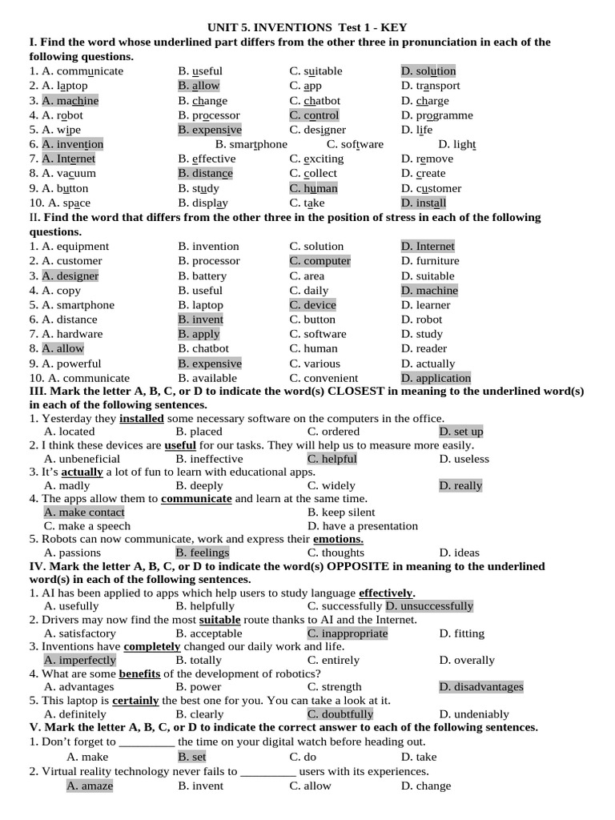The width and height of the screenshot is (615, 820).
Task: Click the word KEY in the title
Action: tap(394, 27)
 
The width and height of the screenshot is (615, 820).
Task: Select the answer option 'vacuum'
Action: tap(76, 173)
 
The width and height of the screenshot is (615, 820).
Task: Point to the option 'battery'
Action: tap(209, 276)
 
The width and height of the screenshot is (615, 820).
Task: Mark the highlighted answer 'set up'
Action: tap(468, 432)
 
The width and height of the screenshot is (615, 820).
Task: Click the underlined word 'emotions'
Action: tap(338, 539)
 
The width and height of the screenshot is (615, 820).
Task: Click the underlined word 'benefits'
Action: tap(140, 673)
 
